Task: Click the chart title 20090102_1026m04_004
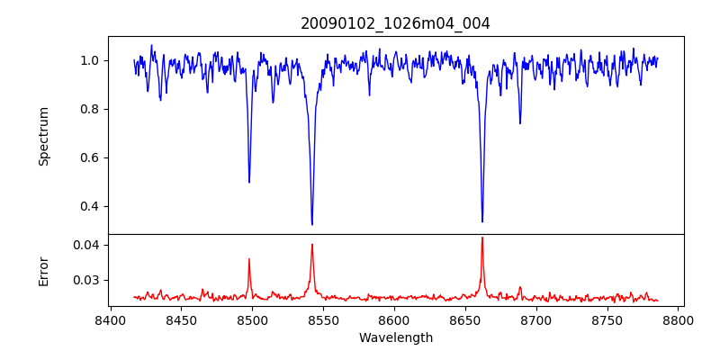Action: (x=395, y=23)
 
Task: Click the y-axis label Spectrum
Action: (x=44, y=136)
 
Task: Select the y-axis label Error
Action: (x=44, y=270)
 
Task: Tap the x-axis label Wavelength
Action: (x=395, y=338)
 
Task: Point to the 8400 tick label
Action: (x=110, y=320)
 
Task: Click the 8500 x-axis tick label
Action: (x=252, y=320)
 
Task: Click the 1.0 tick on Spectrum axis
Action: (x=90, y=60)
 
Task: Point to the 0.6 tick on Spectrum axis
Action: (x=90, y=157)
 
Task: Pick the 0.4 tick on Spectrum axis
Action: (x=90, y=206)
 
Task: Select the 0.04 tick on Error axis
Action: (x=86, y=245)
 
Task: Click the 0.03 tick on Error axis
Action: (x=86, y=280)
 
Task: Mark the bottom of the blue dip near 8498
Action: (x=249, y=183)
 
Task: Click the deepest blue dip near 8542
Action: (x=312, y=225)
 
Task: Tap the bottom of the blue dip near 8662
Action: (x=482, y=221)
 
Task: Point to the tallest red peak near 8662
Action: (x=482, y=238)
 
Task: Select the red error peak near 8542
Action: (x=312, y=244)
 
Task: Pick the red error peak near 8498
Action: (x=249, y=259)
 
